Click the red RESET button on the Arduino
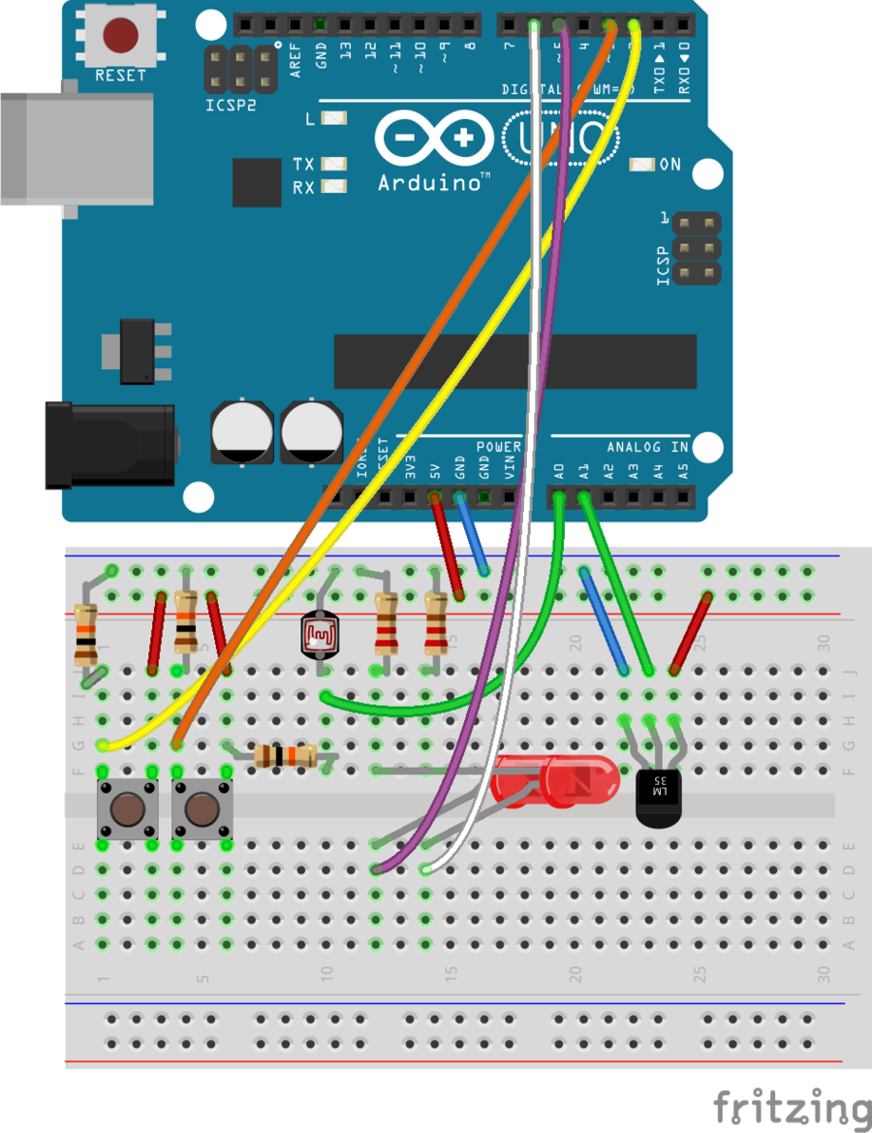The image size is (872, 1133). click(x=120, y=36)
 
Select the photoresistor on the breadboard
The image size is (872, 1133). click(x=318, y=636)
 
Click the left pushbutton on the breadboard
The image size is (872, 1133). click(x=127, y=809)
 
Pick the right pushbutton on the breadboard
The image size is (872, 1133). click(x=201, y=809)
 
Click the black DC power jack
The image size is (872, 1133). click(x=109, y=445)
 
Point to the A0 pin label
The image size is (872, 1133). click(x=559, y=472)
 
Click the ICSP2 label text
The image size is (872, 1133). click(x=232, y=104)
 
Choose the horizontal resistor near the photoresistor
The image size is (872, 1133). click(x=285, y=757)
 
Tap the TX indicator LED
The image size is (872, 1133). click(x=334, y=165)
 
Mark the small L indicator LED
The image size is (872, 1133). click(x=334, y=119)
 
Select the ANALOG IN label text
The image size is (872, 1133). click(x=647, y=448)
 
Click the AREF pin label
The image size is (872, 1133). click(x=296, y=59)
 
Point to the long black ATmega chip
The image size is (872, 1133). click(x=514, y=362)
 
